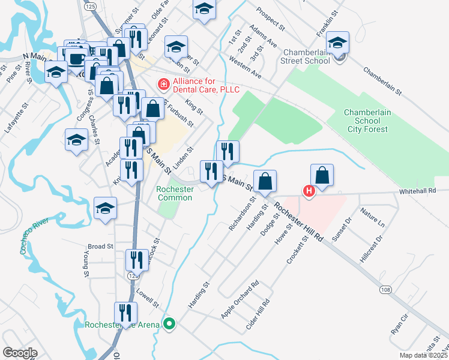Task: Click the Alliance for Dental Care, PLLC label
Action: (x=206, y=85)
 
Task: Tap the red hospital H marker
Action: (x=309, y=192)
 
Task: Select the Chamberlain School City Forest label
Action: (x=366, y=121)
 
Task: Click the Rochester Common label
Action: (x=175, y=193)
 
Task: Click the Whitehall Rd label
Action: (x=423, y=191)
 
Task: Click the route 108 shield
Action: (x=386, y=290)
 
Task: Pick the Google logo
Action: (x=20, y=353)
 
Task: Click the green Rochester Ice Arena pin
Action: (x=169, y=325)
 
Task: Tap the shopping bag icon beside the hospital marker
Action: (x=322, y=175)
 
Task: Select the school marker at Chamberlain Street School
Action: (x=338, y=43)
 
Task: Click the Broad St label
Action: (x=100, y=247)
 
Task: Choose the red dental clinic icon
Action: (x=161, y=85)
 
